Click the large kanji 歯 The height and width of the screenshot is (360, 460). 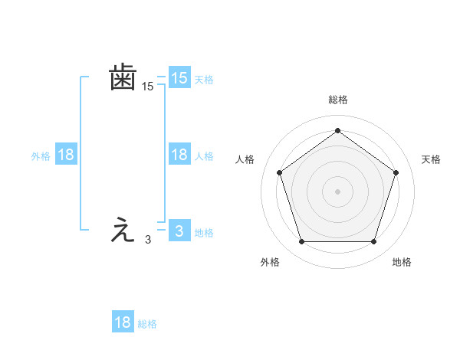123,78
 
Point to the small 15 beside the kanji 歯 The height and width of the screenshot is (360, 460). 148,87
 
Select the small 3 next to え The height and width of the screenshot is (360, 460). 148,240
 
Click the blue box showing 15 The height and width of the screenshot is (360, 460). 179,78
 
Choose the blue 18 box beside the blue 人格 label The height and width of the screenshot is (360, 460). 179,155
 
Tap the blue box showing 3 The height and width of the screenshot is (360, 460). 179,231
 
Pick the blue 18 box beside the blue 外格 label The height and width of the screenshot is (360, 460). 66,155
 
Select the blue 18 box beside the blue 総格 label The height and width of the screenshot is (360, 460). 123,322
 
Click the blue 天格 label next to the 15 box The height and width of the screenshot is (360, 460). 204,79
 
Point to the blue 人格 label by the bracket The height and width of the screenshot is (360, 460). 204,155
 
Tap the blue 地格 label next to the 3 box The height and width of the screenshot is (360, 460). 204,232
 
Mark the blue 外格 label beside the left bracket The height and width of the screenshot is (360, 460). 41,155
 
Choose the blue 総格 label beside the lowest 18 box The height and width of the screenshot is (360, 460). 147,324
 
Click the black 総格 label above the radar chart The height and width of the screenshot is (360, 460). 338,100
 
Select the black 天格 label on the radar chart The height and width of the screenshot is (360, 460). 431,159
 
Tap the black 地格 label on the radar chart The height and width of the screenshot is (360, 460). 402,262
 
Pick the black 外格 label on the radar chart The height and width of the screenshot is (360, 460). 270,262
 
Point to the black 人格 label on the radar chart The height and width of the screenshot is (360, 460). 245,159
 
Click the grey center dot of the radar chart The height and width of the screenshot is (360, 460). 337,190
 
